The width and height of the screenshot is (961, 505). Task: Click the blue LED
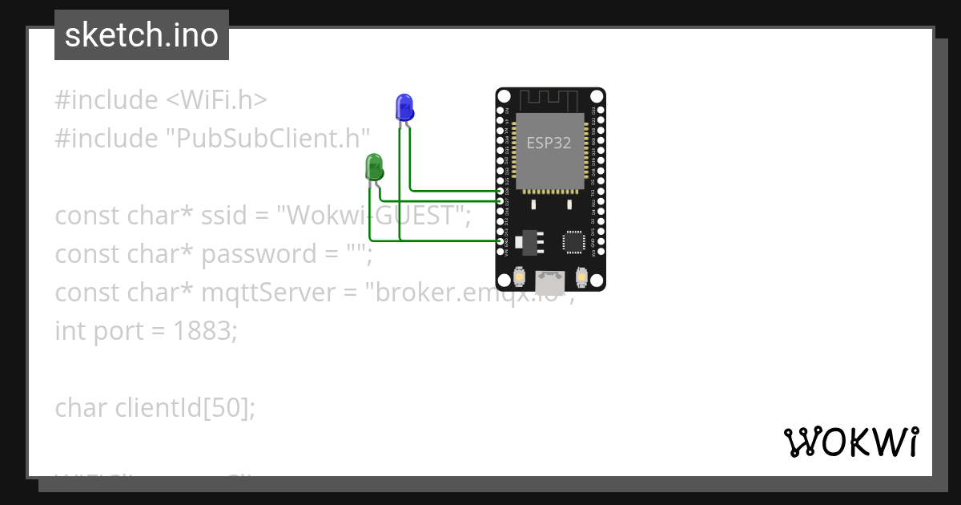coord(404,107)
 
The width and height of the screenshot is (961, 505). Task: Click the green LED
coord(374,167)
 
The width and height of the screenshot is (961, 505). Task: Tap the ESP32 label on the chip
coord(549,143)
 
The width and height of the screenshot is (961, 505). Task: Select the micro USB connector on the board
coord(549,281)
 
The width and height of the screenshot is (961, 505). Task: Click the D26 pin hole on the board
coord(501,191)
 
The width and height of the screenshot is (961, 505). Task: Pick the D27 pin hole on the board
coord(501,200)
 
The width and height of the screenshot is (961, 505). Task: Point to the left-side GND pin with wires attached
coord(501,240)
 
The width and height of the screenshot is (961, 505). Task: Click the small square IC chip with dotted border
coord(574,242)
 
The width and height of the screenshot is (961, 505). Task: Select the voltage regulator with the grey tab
coord(528,240)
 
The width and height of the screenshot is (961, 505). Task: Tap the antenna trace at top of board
coord(549,100)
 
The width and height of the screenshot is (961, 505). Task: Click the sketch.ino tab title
coord(141,35)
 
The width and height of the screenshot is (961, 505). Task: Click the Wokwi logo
coord(850,442)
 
